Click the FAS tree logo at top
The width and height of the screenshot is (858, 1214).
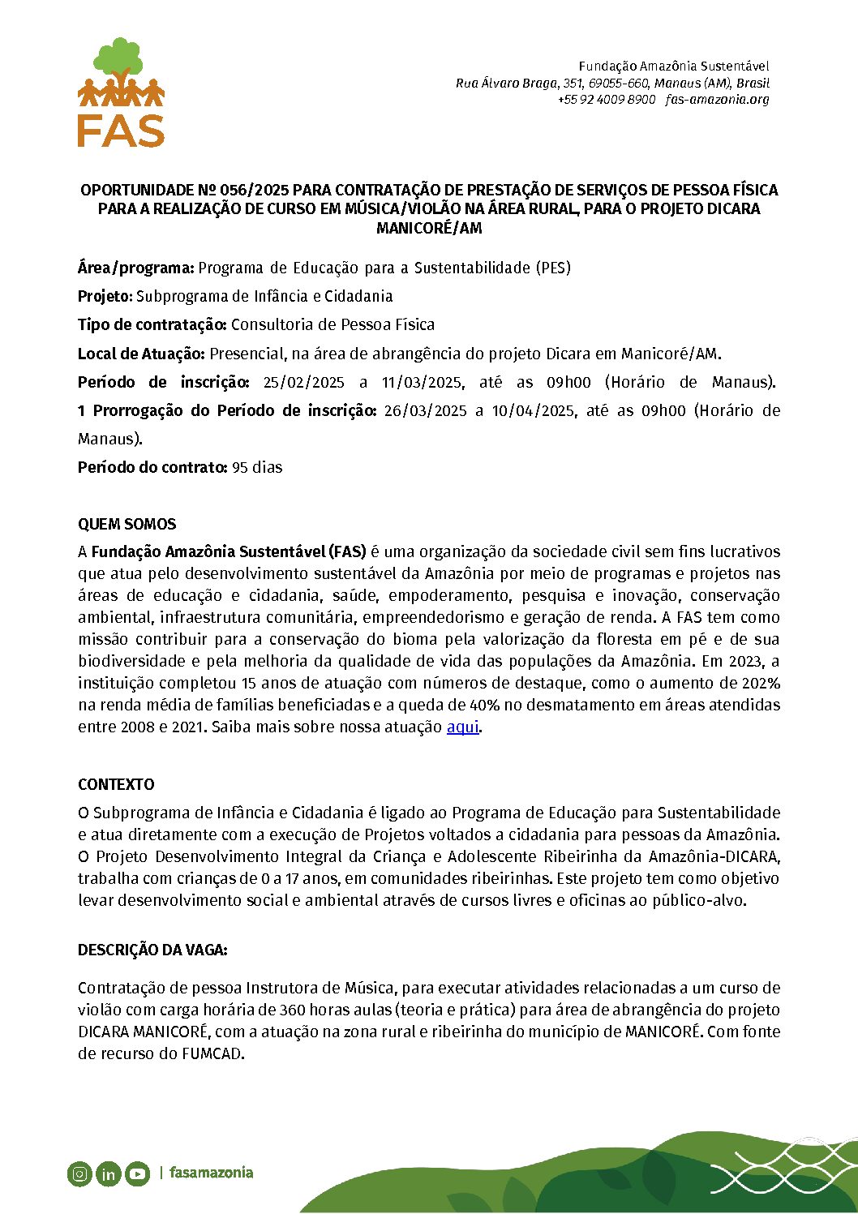click(121, 92)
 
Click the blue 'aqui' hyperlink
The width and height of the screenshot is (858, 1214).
click(462, 727)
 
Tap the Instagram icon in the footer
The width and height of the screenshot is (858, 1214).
click(79, 1173)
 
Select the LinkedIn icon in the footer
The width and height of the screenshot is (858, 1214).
click(108, 1173)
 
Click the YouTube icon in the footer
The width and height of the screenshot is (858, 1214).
click(137, 1173)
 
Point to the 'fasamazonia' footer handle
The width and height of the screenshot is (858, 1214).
click(211, 1172)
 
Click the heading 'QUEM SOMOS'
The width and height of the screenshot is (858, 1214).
click(127, 524)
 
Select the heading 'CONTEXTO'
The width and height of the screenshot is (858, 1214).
click(116, 784)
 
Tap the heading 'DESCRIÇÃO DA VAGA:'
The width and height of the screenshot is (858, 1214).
click(152, 950)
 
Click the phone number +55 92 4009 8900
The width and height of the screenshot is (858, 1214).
click(606, 100)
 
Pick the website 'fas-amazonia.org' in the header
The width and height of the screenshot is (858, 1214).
click(717, 100)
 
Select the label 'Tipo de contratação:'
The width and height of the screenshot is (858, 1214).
click(152, 324)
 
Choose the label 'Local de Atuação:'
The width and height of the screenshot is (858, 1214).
click(141, 354)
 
